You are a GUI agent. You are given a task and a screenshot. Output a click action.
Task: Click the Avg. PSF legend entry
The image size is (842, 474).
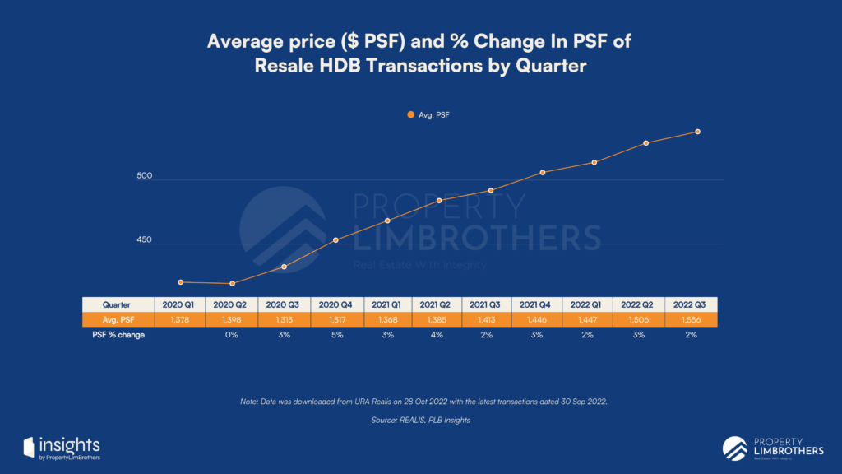pos(428,116)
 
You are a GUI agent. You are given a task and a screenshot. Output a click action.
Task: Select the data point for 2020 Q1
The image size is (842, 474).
pos(180,282)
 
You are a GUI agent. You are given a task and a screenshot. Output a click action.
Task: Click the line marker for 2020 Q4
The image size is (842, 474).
pos(335,240)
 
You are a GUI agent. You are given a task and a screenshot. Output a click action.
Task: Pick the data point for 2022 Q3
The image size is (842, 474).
pos(697,132)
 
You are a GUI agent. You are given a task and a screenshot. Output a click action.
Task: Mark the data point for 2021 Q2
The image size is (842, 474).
pos(439,201)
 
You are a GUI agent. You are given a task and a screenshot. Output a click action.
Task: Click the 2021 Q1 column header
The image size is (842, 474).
pos(386,304)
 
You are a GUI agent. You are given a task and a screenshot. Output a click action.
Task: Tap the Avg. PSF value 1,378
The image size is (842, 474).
pos(180,319)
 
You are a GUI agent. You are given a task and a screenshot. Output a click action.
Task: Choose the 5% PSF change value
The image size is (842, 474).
pos(335,335)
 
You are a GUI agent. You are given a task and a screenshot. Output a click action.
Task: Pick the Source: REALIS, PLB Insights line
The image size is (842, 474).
pos(420,421)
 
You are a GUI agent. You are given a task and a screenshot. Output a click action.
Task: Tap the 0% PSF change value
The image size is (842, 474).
pos(232,335)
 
